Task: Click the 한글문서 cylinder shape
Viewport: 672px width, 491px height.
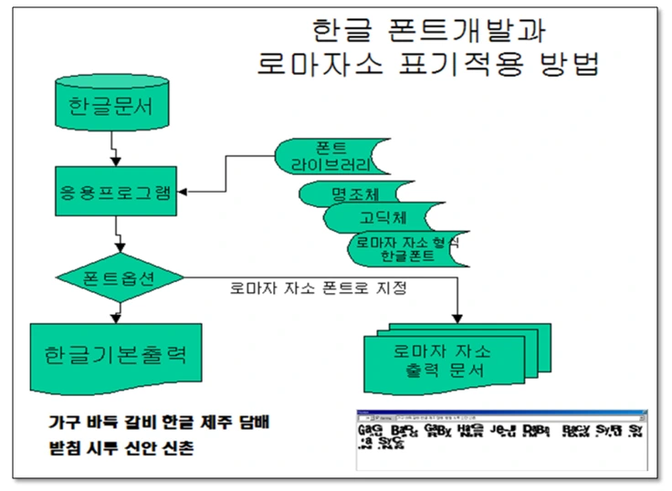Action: coord(111,108)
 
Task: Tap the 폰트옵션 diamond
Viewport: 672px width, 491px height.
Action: coord(119,277)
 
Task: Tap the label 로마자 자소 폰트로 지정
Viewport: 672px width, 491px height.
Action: coord(317,289)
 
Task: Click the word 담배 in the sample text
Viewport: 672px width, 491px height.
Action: coord(251,423)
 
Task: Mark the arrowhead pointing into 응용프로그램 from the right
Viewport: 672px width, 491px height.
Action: coord(179,193)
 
